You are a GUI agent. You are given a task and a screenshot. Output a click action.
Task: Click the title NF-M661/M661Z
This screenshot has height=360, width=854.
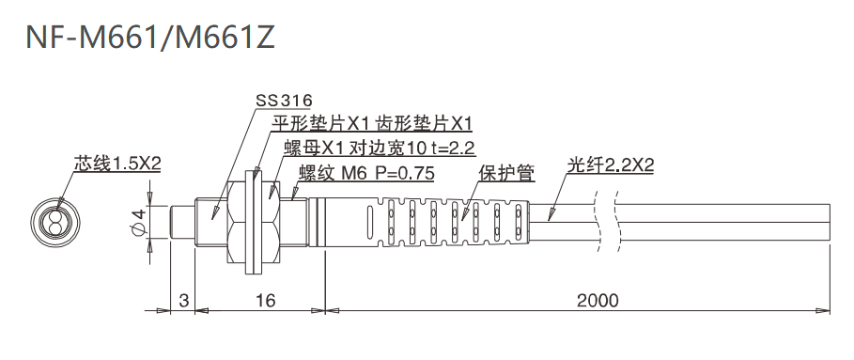[x=150, y=37]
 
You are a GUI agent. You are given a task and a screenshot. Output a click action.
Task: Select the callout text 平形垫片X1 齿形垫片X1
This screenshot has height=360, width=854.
[x=371, y=123]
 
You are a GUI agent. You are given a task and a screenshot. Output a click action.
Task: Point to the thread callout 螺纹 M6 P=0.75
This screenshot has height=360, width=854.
[x=365, y=173]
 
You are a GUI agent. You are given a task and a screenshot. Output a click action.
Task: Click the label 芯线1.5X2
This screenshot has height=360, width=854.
[x=117, y=164]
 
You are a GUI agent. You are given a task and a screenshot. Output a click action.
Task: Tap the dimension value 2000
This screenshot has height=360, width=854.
[x=598, y=301]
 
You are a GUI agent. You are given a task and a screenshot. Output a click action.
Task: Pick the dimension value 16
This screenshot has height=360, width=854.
[x=264, y=301]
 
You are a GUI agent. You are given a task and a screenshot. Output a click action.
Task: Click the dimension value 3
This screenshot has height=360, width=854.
[x=184, y=301]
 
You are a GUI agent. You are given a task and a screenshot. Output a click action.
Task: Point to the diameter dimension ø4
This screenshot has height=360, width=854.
[x=139, y=224]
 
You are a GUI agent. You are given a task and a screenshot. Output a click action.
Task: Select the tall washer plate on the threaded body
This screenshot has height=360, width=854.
[x=250, y=224]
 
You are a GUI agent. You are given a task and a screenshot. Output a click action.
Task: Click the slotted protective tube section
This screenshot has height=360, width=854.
[x=451, y=224]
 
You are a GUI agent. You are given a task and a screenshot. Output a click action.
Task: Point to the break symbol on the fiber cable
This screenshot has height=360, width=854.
[x=607, y=224]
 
